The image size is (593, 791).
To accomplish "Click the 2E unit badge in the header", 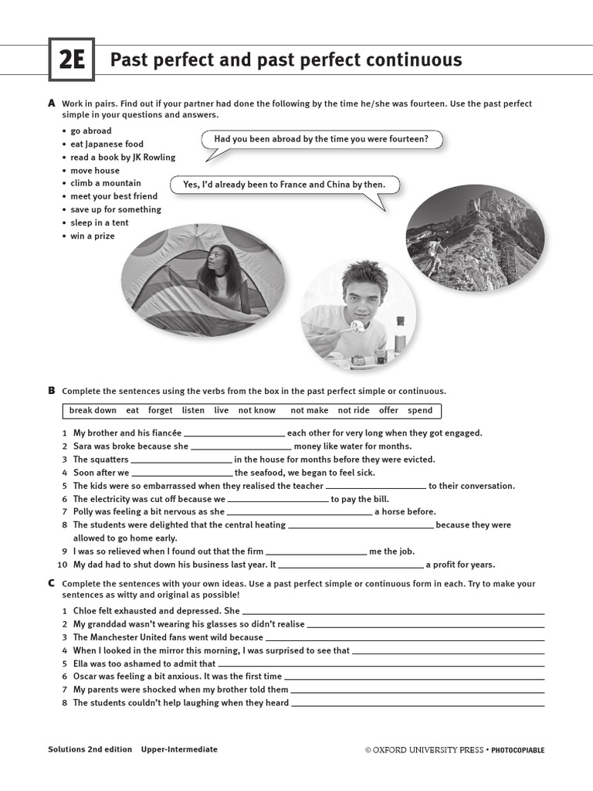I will [x=71, y=60].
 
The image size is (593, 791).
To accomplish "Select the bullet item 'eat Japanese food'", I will [x=107, y=144].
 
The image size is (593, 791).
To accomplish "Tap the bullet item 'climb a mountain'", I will [x=106, y=183].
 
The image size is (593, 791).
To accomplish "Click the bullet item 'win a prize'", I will [x=93, y=236].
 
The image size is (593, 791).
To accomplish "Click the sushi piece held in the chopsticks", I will [x=357, y=327].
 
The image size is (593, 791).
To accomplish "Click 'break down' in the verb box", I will [x=93, y=410].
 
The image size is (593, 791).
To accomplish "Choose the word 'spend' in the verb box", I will [x=420, y=410].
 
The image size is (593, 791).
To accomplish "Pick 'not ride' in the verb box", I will [x=354, y=410].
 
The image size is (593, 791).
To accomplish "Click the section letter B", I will [x=52, y=391].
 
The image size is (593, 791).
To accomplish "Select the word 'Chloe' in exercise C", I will [x=86, y=611].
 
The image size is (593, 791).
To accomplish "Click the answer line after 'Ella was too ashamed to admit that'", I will [x=381, y=665].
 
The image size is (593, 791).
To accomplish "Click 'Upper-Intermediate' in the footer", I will [x=179, y=749].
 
